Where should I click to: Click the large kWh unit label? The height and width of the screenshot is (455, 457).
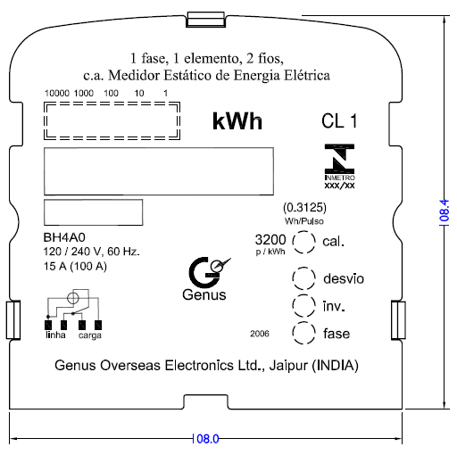237,121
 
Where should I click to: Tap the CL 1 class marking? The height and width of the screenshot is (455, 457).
339,121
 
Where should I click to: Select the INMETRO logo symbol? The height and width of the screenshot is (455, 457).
339,159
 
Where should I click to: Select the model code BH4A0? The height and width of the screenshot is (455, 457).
64,237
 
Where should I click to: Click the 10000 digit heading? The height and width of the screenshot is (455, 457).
57,93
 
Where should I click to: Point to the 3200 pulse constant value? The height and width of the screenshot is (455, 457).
270,239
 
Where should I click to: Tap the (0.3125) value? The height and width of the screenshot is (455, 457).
304,207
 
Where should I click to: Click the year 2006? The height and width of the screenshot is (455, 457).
260,334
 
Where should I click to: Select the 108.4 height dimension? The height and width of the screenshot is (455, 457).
445,212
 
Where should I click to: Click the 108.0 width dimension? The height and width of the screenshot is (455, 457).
205,439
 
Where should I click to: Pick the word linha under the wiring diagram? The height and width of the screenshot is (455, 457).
55,335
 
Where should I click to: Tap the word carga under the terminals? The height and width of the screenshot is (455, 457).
90,335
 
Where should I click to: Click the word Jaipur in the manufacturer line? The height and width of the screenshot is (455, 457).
288,366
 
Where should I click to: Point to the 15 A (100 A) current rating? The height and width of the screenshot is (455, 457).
75,266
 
